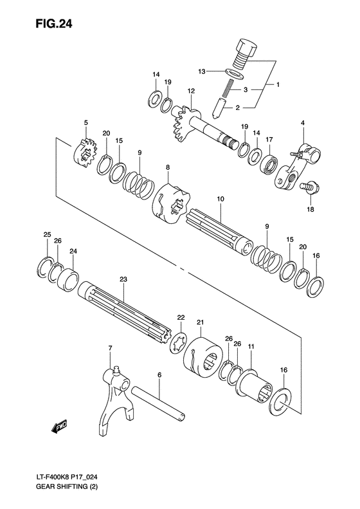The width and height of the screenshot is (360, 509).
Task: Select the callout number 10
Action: click(x=220, y=201)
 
